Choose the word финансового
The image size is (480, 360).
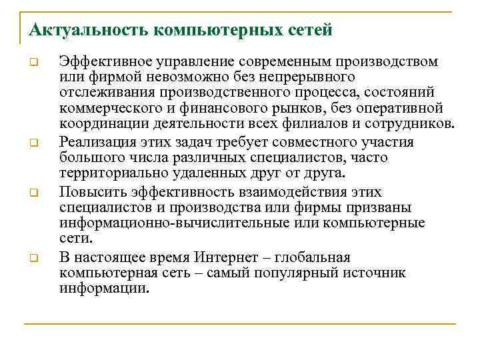[226, 109]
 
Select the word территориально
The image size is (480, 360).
[109, 173]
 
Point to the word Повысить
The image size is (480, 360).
[88, 192]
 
